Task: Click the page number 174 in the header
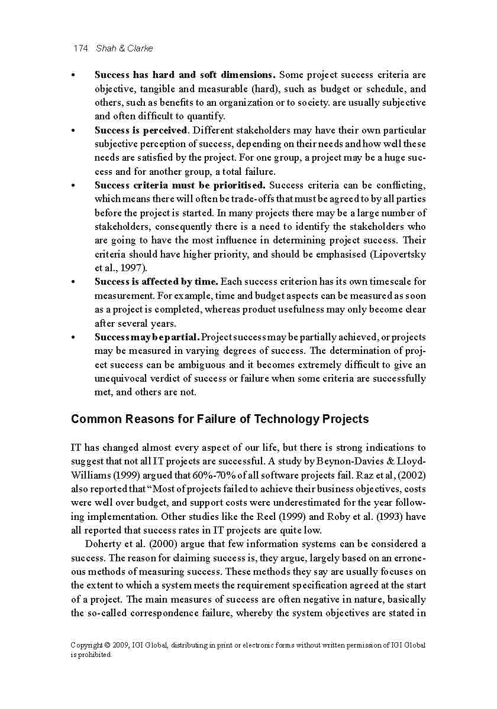80,48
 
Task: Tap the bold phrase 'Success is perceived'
141,130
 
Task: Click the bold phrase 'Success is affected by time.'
156,282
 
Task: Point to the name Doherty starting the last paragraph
104,544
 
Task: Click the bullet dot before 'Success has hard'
73,76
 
